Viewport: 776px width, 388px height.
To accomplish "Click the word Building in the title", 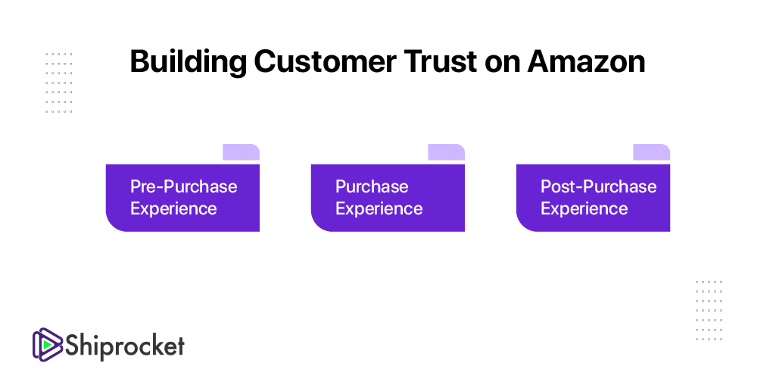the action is point(189,63).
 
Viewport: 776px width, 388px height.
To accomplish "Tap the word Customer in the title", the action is point(325,61).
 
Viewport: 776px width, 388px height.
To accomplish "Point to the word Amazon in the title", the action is point(586,61).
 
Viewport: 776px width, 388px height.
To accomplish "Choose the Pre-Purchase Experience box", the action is point(182,198).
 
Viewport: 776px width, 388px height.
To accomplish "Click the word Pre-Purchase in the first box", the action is point(184,186).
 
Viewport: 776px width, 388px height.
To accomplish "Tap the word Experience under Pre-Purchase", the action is point(173,208).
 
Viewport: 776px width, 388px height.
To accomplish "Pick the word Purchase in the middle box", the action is point(372,186).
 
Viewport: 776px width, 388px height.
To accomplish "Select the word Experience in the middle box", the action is point(379,208).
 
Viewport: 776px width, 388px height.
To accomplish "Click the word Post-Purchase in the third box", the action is point(598,186).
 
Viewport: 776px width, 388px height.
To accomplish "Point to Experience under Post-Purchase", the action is point(584,208).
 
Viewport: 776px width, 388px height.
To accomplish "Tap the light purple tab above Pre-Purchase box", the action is point(241,152).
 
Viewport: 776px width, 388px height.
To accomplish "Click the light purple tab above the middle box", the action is point(447,152).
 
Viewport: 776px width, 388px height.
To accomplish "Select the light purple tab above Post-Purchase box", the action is point(652,152).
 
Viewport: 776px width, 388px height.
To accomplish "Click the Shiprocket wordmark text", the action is point(125,346).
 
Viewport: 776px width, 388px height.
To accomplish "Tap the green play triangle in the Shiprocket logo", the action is point(47,344).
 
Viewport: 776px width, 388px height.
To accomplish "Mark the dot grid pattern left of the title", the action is point(58,83).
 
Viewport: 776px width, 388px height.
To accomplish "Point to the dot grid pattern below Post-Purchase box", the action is point(709,311).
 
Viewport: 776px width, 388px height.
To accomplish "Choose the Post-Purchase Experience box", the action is point(593,198).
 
